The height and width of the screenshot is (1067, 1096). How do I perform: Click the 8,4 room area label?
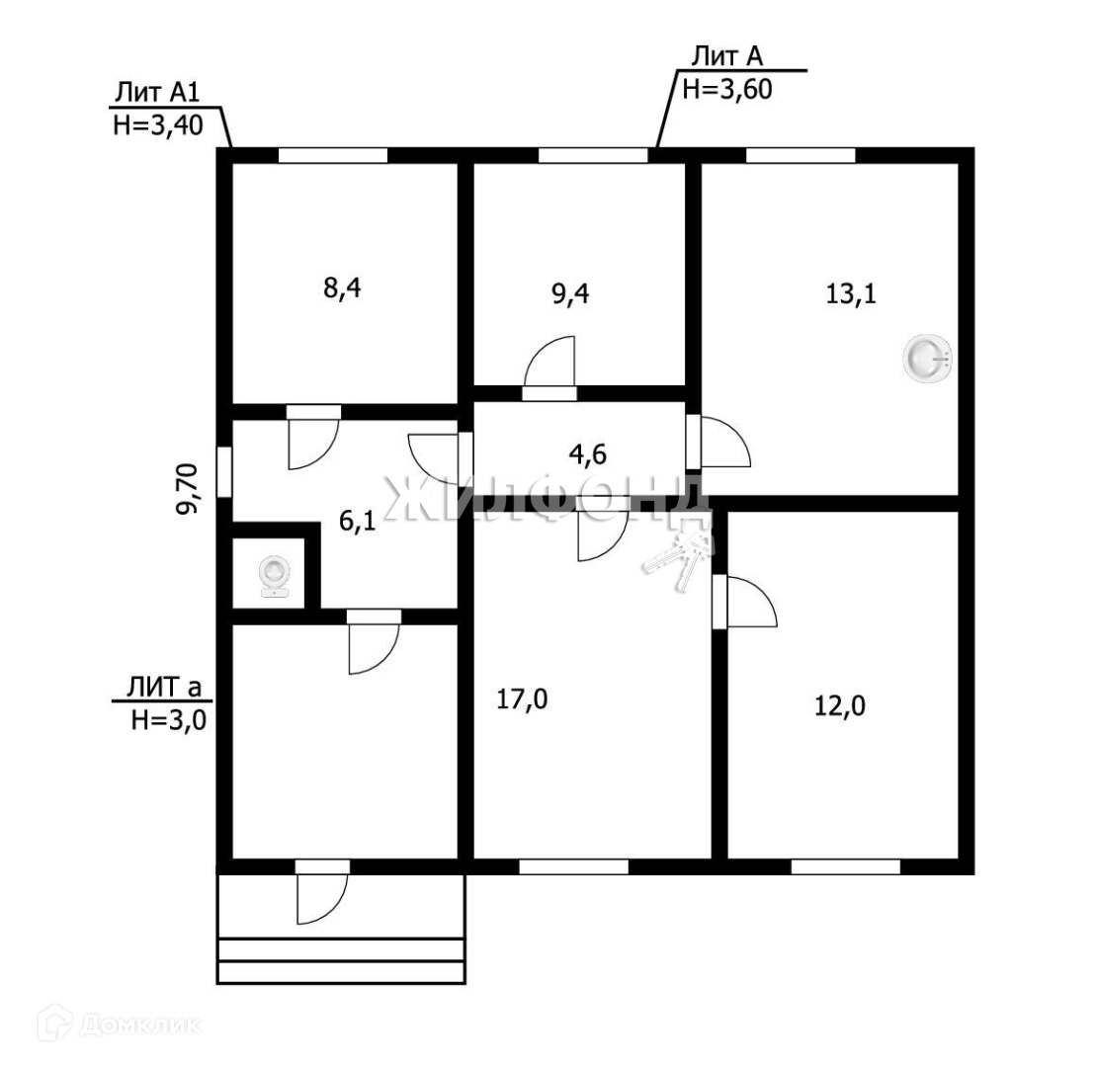click(x=342, y=287)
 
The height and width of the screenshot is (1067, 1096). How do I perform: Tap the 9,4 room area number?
click(x=570, y=294)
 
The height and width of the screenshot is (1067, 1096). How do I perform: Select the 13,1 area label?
click(x=851, y=294)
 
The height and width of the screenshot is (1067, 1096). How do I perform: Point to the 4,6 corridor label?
click(x=588, y=454)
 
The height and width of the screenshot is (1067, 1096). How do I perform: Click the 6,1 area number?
click(x=357, y=522)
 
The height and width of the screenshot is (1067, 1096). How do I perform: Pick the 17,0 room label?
click(x=522, y=698)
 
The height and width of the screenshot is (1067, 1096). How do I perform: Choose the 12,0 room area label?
click(x=839, y=706)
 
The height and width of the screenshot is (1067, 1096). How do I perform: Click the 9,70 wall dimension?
click(x=188, y=488)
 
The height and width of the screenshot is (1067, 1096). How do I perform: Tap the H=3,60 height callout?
click(x=727, y=90)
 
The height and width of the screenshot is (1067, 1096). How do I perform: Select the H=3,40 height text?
click(x=158, y=125)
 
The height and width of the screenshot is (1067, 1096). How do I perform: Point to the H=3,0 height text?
click(x=168, y=719)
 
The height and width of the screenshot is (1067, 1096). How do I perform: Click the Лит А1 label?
click(x=157, y=92)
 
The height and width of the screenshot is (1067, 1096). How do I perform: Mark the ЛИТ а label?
click(x=164, y=687)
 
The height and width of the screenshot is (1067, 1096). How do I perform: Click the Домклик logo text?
click(x=139, y=1026)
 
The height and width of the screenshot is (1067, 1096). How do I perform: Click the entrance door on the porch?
click(x=322, y=899)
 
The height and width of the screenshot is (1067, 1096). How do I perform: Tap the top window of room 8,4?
click(x=333, y=155)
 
